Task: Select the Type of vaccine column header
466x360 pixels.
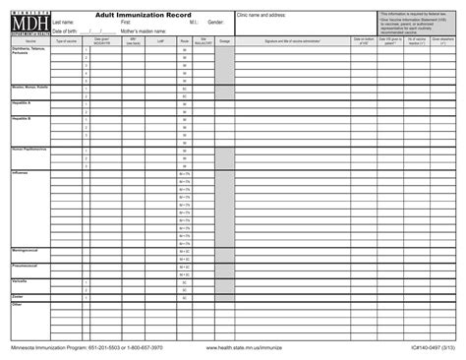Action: [66, 41]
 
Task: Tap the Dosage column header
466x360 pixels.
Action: [224, 41]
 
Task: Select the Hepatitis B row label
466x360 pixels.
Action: [23, 118]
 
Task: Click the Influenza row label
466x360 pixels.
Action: [21, 172]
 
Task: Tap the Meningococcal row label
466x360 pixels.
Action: [26, 250]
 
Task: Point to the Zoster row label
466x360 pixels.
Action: [18, 295]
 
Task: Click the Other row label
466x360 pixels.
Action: [17, 304]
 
